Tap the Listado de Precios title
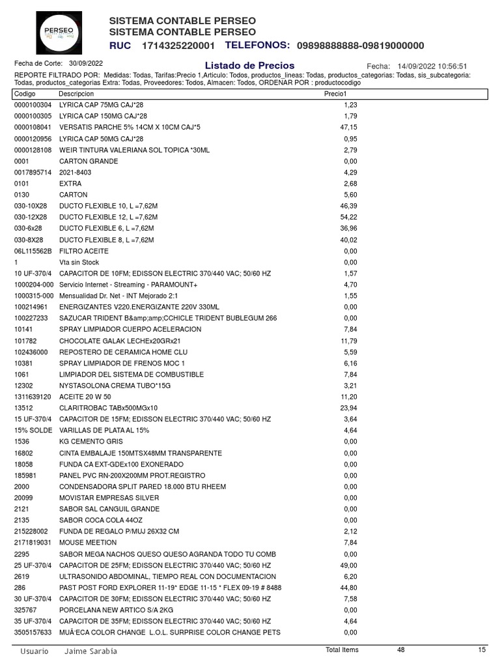pyautogui.click(x=249, y=65)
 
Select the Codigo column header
pyautogui.click(x=26, y=94)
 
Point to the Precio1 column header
pyautogui.click(x=335, y=94)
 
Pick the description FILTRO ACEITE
pyautogui.click(x=83, y=251)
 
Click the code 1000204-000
pyautogui.click(x=34, y=284)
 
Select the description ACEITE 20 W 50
pyautogui.click(x=85, y=397)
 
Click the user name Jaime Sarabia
pyautogui.click(x=91, y=651)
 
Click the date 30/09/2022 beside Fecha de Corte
pyautogui.click(x=86, y=63)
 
